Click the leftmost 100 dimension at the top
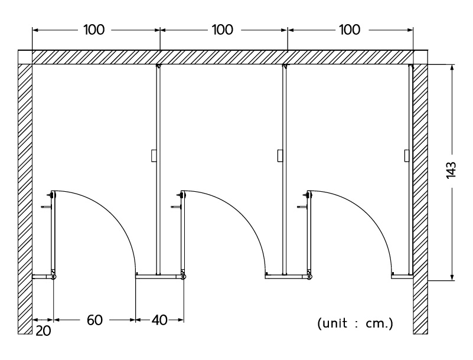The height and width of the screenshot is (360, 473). point(94,30)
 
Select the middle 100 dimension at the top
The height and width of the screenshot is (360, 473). point(222,30)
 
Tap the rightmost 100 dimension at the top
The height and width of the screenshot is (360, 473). point(350,30)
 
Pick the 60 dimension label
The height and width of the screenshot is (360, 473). point(94,320)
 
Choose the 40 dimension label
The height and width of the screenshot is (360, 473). point(159,320)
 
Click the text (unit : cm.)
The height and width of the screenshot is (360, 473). point(355,323)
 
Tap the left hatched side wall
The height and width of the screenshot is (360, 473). point(25,195)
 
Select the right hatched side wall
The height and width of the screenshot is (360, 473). point(420,195)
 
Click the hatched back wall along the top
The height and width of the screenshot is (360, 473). point(222,57)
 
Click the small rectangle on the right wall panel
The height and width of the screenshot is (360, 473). point(407,156)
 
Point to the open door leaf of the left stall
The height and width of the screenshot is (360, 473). point(53,233)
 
